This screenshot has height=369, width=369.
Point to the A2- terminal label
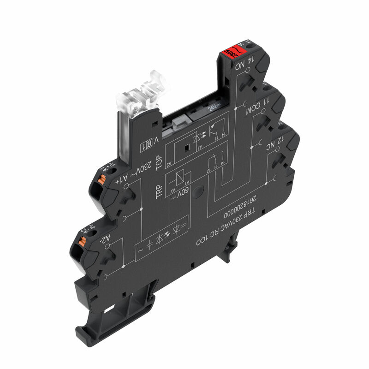point(105,239)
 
